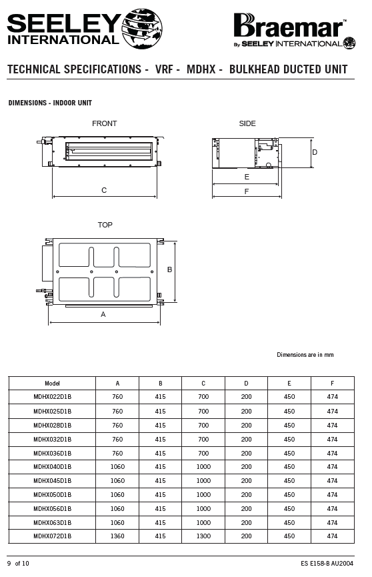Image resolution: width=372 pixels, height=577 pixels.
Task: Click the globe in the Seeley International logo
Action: pos(142,28)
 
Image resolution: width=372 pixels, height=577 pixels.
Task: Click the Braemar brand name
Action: pos(289,26)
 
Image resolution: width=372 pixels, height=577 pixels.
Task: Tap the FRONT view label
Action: pos(105,123)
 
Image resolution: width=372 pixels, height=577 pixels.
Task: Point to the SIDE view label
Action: pos(247,123)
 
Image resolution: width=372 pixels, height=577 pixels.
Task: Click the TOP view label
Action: pos(105,225)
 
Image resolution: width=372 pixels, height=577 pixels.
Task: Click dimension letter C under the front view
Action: pos(104,190)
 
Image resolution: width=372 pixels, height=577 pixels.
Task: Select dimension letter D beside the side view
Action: pos(315,152)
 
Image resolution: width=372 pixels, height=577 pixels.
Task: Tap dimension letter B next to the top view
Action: pos(169,269)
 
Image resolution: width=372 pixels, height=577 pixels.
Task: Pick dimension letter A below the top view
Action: pos(103,314)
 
